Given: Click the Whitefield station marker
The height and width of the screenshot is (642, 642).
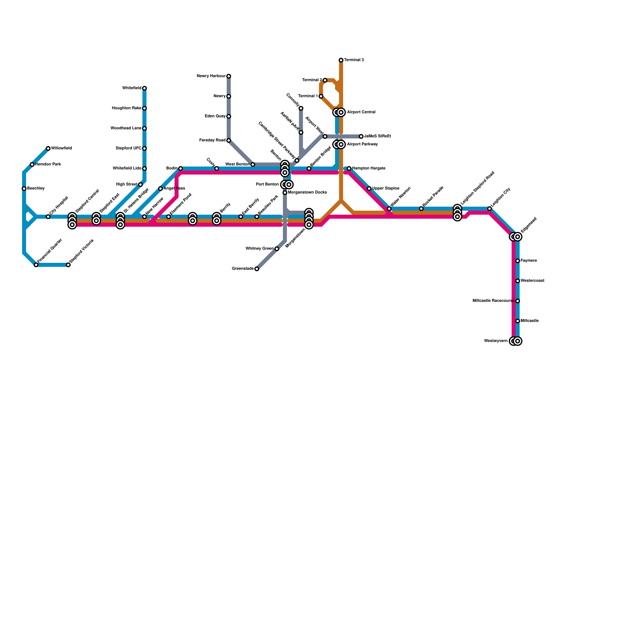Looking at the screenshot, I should (144, 88).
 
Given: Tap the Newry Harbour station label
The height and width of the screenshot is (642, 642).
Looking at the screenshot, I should (211, 76).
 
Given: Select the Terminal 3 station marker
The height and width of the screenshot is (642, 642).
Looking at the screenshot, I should (341, 60).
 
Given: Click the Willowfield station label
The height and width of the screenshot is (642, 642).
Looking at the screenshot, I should (61, 148).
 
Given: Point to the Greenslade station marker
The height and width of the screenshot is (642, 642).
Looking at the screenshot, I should (257, 269).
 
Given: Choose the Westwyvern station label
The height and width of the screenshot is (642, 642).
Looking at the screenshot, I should (496, 341).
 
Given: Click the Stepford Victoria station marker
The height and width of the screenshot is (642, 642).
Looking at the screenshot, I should (68, 265).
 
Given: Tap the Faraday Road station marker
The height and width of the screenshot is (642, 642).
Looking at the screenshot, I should (229, 140).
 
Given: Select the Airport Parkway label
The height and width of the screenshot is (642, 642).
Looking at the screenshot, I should (362, 144).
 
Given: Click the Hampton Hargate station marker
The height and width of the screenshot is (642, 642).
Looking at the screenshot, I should (349, 169).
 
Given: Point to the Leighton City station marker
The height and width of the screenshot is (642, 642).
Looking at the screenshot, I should (490, 209).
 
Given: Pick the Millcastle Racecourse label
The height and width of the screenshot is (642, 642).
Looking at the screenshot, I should (493, 301).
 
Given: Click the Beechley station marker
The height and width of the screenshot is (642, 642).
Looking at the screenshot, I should (24, 189).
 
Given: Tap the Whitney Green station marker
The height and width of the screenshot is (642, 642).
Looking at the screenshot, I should (277, 249).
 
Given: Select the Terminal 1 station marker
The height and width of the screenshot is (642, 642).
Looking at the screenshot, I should (321, 96).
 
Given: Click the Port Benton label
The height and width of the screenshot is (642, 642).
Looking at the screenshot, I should (267, 185).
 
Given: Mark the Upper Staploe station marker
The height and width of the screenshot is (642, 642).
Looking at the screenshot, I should (369, 189).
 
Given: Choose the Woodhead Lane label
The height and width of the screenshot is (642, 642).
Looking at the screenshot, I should (126, 128).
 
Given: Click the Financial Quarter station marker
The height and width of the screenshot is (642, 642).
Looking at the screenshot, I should (36, 265).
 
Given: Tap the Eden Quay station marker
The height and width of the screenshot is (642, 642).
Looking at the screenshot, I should (229, 116).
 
